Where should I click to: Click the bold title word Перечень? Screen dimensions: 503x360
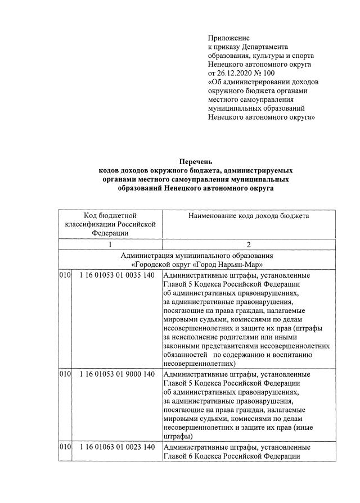[x=196, y=162]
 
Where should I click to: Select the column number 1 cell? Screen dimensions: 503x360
[x=110, y=244]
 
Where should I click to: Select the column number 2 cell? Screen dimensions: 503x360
[x=248, y=244]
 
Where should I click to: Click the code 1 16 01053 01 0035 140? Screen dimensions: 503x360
[x=116, y=275]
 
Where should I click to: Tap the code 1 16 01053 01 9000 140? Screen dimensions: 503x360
[x=116, y=374]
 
